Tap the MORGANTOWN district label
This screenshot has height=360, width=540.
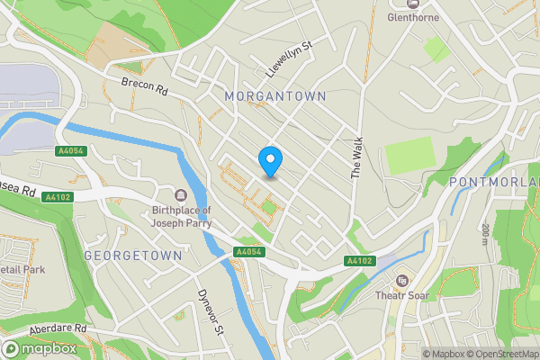[274, 95]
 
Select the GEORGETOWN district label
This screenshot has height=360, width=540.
[132, 256]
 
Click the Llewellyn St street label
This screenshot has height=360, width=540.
[287, 57]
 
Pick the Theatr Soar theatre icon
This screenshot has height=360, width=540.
[401, 281]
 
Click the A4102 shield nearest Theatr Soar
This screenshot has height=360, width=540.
[360, 262]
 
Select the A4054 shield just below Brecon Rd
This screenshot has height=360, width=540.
[69, 151]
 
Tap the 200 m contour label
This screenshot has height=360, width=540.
[485, 236]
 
